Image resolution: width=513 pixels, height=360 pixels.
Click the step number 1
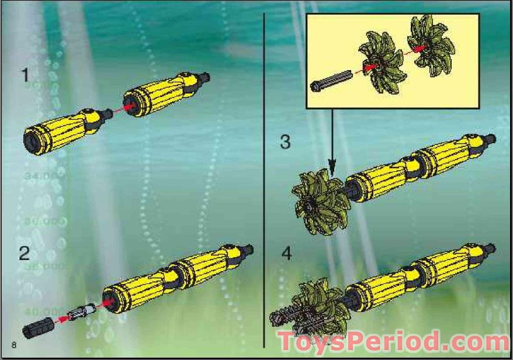(25, 75)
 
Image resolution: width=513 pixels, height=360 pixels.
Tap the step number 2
(25, 254)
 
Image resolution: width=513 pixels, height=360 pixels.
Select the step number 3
(285, 141)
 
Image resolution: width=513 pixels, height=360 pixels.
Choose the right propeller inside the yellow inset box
(427, 45)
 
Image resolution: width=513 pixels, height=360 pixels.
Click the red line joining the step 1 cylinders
(117, 109)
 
